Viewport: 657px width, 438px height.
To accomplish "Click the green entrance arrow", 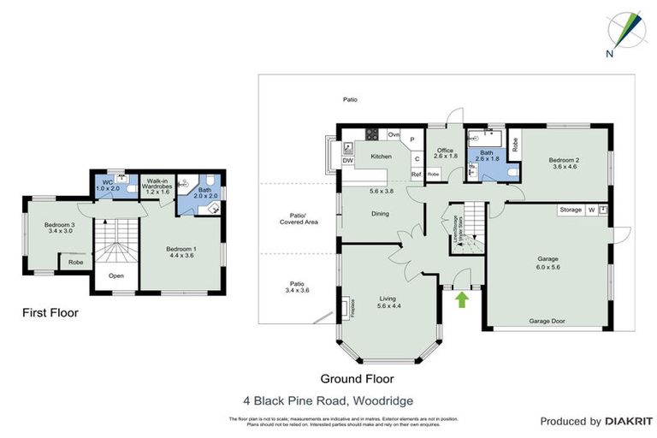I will [463, 299].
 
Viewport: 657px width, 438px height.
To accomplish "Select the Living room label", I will [388, 299].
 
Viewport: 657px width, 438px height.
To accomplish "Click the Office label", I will [446, 151].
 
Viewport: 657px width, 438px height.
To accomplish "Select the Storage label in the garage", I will [571, 210].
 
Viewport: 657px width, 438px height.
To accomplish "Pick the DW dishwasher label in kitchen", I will [347, 160].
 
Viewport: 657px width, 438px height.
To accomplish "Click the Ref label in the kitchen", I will [416, 175].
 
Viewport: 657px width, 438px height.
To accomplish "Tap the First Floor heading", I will [50, 313].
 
